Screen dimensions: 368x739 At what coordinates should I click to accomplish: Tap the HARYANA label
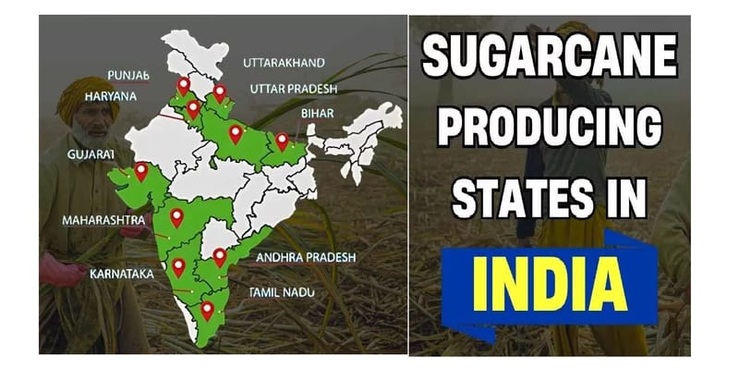pyautogui.click(x=110, y=96)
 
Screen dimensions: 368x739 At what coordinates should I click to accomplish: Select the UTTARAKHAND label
pyautogui.click(x=284, y=63)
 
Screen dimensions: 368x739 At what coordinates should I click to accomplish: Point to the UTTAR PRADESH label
pyautogui.click(x=293, y=89)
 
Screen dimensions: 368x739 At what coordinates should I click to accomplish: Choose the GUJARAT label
pyautogui.click(x=91, y=154)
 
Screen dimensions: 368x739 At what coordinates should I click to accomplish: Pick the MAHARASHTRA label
pyautogui.click(x=103, y=221)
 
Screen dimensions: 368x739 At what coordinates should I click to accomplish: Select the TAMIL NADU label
pyautogui.click(x=282, y=292)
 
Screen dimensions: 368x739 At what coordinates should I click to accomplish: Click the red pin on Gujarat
pyautogui.click(x=141, y=171)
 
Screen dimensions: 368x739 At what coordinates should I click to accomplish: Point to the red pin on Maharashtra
pyautogui.click(x=176, y=217)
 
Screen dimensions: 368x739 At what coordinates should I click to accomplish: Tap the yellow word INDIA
pyautogui.click(x=550, y=277)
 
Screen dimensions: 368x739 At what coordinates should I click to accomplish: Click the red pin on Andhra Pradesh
pyautogui.click(x=219, y=256)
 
